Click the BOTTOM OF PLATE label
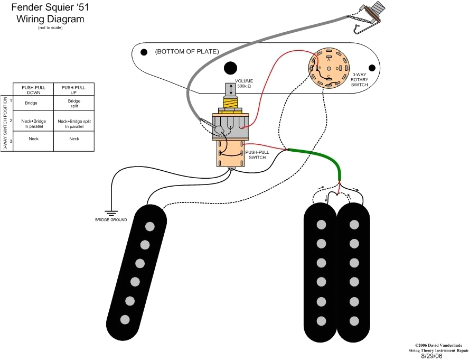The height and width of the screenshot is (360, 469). point(186,52)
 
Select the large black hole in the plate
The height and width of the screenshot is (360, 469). point(230,68)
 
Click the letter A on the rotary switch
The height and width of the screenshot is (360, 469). point(329,60)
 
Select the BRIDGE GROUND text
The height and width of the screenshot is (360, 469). point(111,219)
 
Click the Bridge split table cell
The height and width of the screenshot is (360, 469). point(74,103)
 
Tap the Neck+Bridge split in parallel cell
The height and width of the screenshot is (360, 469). point(74,123)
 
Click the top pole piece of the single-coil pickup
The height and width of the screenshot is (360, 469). point(151,226)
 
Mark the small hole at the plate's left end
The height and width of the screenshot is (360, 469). point(144,52)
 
